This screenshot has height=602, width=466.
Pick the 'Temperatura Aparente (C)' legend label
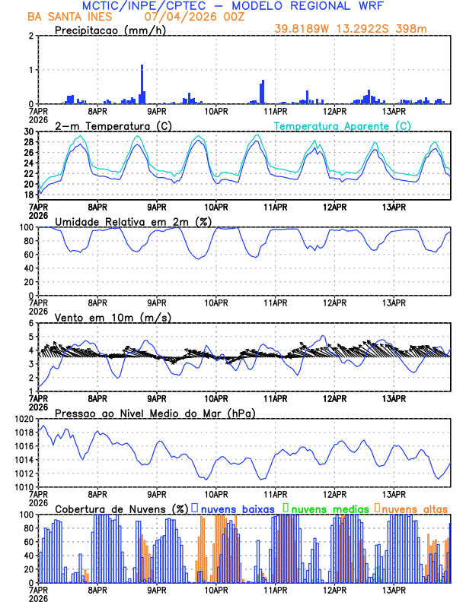[x=342, y=125]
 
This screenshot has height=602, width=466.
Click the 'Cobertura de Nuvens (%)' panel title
[x=122, y=509]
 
